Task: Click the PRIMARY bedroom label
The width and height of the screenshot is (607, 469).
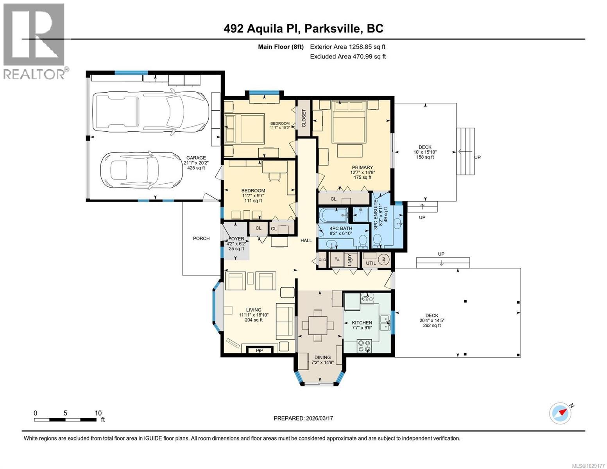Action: point(362,167)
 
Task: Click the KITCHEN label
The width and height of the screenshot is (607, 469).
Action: point(362,323)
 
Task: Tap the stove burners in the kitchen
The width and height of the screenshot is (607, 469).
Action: point(364,346)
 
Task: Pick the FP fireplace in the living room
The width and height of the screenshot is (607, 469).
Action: point(259,350)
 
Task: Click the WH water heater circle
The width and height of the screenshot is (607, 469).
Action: point(384,259)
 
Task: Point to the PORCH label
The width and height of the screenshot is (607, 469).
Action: point(201,238)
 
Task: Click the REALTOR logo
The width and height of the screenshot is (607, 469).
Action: point(34,41)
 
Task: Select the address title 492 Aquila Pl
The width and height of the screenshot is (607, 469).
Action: point(303,29)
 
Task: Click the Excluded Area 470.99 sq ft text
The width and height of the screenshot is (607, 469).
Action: point(347,56)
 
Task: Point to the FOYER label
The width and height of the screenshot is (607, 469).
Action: point(236,239)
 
